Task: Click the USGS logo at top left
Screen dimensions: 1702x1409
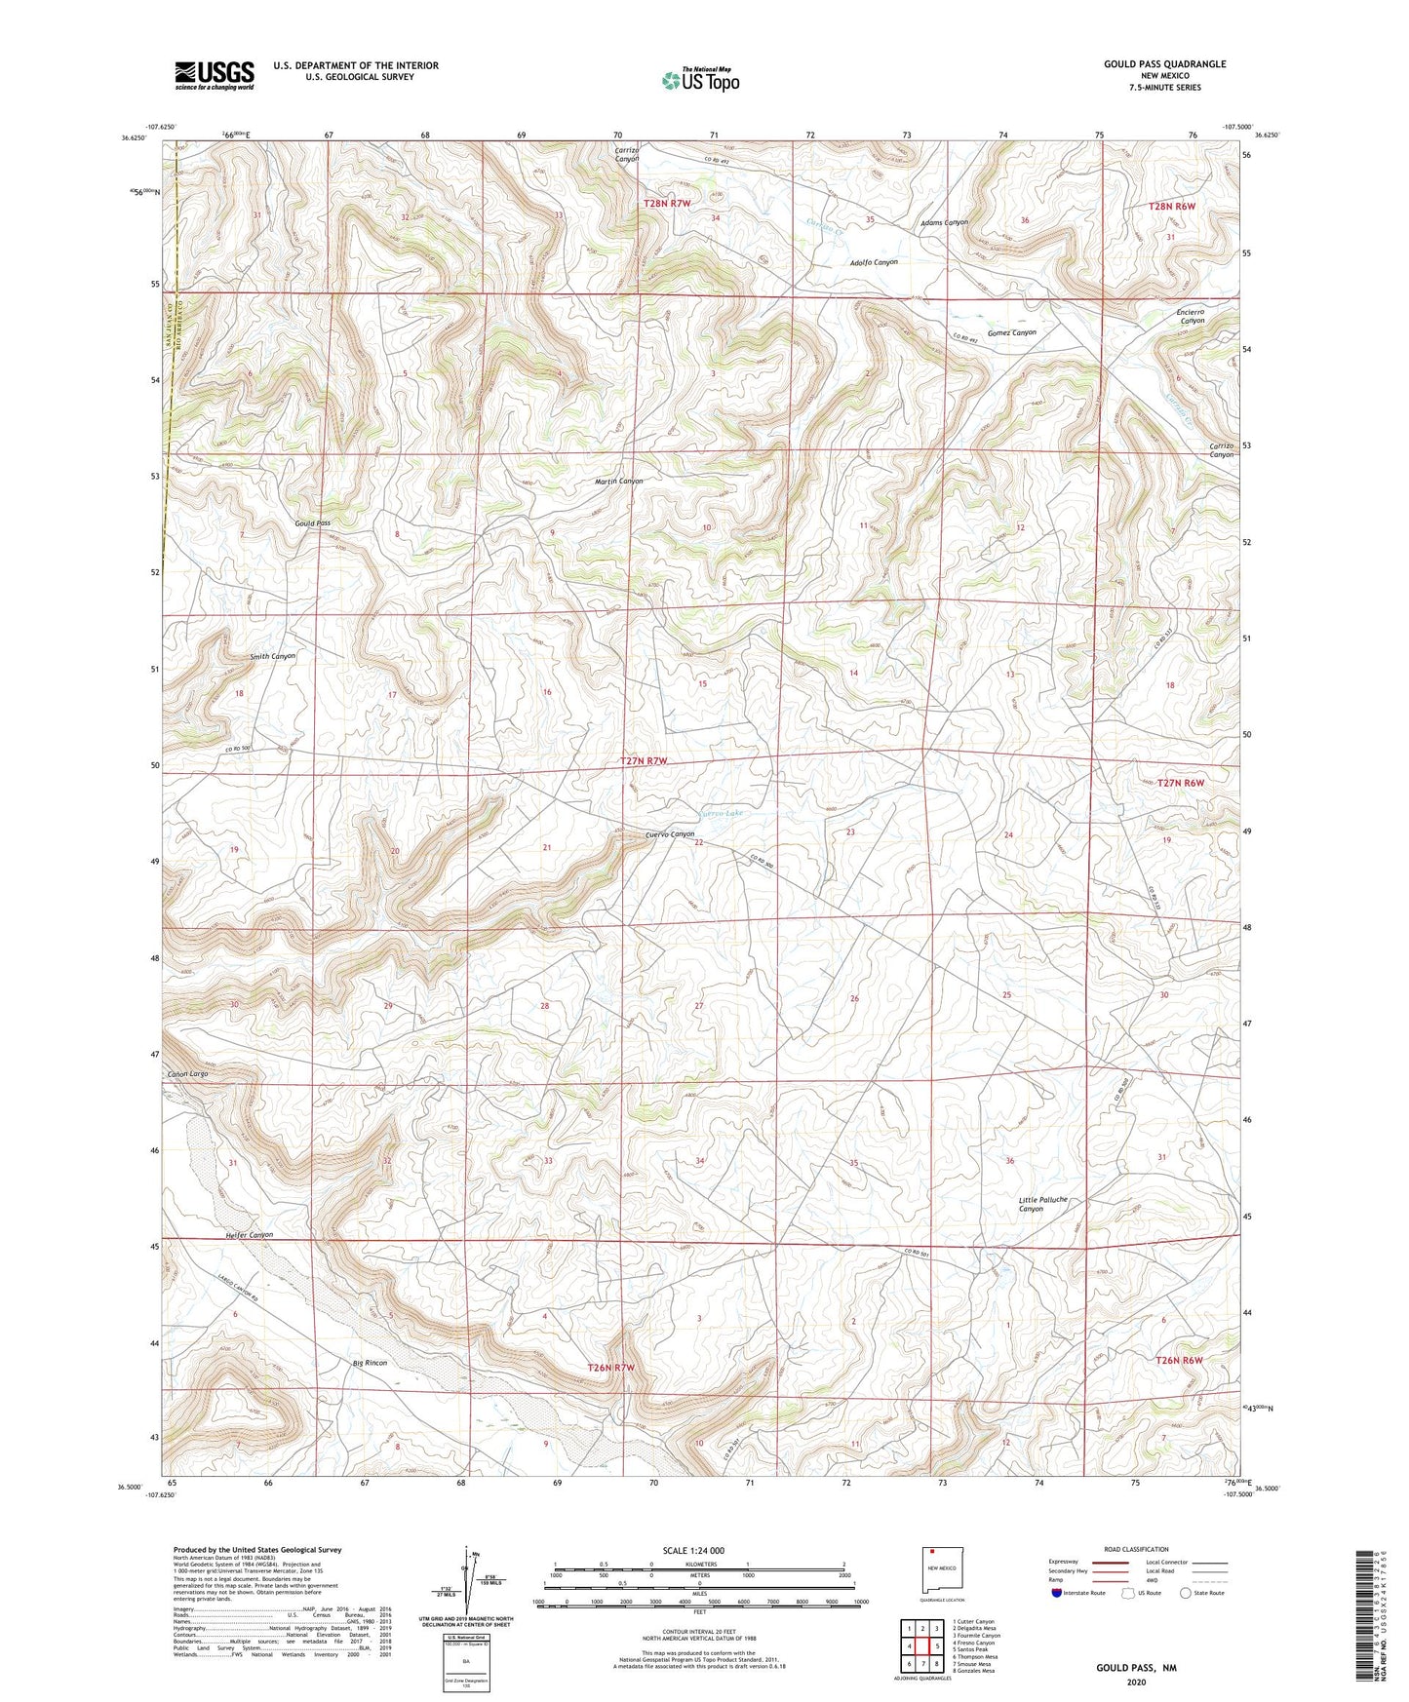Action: coord(215,75)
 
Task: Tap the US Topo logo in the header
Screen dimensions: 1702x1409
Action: coord(700,80)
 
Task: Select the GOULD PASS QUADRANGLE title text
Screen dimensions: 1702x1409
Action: coord(1164,64)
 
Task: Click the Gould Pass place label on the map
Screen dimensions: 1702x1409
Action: coord(313,523)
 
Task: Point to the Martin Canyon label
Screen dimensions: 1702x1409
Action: coord(619,482)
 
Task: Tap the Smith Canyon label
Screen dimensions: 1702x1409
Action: coord(272,656)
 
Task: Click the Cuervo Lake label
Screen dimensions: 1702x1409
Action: coord(722,813)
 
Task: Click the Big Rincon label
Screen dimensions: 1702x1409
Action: coord(370,1363)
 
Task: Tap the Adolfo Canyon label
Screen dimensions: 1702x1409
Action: coord(873,262)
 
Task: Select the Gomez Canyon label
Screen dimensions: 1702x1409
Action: coord(1011,332)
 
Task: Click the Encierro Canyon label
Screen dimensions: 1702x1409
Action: coord(1192,316)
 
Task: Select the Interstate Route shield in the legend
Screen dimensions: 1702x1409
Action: coord(1057,1592)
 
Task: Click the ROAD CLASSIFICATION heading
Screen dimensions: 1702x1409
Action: coord(1136,1549)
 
